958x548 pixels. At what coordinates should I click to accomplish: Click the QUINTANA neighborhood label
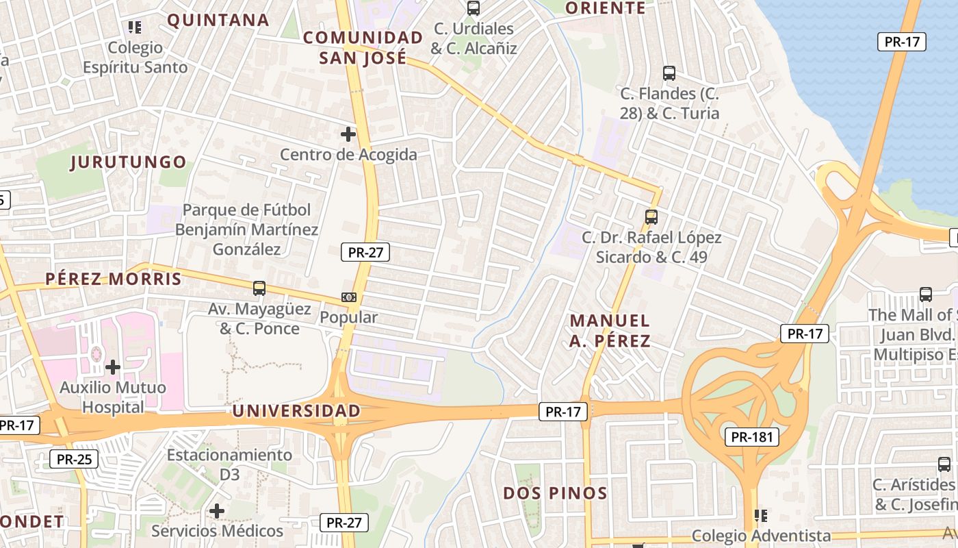pos(218,20)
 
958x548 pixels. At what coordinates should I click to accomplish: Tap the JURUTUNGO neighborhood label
pos(128,162)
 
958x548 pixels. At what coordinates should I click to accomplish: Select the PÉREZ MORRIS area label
pos(114,279)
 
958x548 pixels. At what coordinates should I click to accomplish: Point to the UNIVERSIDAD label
pos(296,411)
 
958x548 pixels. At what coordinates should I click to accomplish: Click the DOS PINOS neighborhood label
pos(555,493)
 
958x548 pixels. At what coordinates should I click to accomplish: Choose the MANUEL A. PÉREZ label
pos(610,330)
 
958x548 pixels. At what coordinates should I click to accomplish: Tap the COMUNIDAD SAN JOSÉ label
pos(363,47)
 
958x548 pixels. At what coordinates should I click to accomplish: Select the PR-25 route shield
pos(74,459)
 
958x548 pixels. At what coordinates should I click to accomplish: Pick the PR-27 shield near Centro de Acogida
pos(365,252)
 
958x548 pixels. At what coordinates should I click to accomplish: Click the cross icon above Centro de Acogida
pos(348,134)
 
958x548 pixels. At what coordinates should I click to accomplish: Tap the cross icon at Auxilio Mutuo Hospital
pos(113,368)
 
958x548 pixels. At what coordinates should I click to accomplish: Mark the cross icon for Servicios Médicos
pos(217,511)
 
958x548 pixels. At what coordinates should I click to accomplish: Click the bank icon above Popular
pos(349,297)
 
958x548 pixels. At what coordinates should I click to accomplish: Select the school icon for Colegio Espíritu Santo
pos(135,27)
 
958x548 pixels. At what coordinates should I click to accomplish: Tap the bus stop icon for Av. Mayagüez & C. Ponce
pos(259,288)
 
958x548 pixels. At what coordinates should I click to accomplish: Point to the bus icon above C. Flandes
pos(669,73)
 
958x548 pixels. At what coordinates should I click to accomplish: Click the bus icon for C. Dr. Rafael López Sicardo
pos(651,217)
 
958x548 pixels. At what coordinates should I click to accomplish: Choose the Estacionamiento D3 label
pos(229,464)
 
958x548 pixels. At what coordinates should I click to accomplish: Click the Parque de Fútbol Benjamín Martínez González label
pos(246,229)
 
